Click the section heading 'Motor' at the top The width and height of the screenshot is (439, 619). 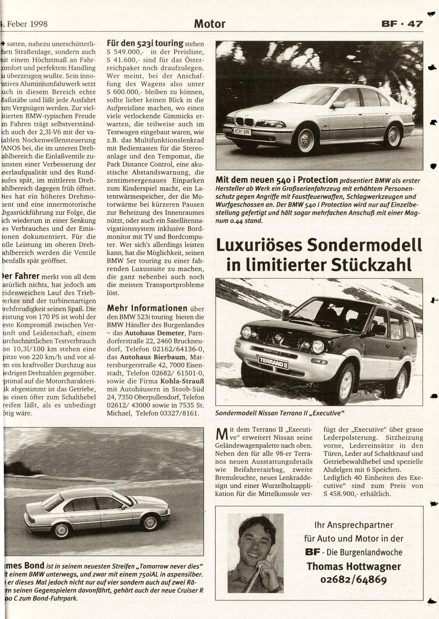pos(209,24)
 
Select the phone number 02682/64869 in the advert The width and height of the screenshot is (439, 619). pos(354,579)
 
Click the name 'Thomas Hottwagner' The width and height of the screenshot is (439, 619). pos(354,566)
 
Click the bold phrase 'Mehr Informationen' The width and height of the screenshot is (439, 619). pos(147,308)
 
